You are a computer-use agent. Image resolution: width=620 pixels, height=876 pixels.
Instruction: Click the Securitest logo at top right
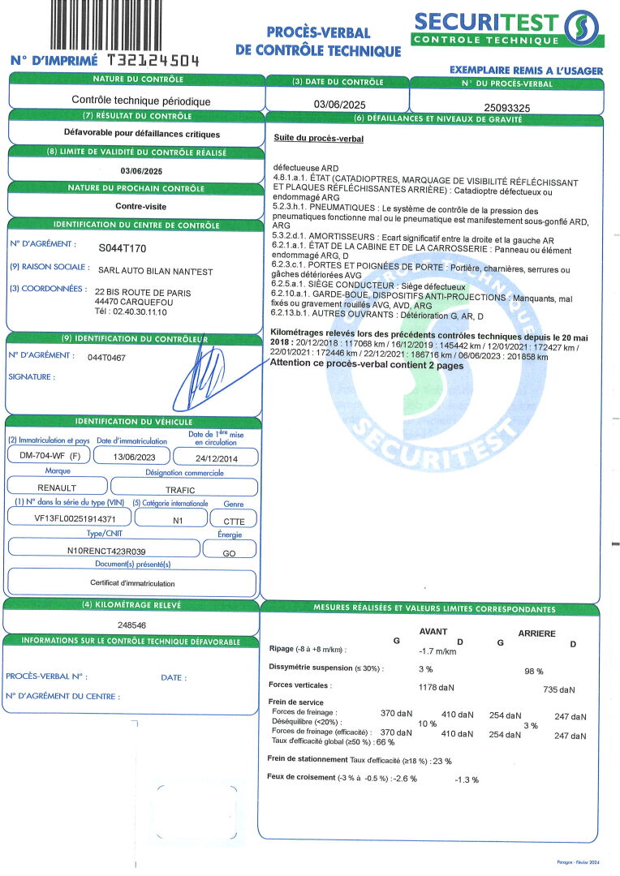coord(507,29)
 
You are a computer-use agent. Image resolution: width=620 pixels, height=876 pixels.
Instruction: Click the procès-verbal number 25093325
coord(506,107)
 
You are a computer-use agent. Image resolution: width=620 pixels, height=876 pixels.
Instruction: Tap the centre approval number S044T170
coord(122,248)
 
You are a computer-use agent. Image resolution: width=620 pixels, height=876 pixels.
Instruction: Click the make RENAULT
coord(57,488)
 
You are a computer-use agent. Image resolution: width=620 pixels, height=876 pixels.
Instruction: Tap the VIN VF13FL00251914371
coord(69,519)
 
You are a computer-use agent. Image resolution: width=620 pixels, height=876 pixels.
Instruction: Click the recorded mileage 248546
coord(131,625)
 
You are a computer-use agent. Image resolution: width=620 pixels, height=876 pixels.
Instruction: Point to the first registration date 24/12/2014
coord(216,456)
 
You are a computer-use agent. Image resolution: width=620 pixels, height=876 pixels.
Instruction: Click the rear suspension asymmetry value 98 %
coord(533,672)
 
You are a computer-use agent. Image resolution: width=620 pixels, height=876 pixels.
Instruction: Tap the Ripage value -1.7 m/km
coord(437,651)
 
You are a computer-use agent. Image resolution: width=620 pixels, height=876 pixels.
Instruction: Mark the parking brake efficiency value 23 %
coord(441,761)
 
